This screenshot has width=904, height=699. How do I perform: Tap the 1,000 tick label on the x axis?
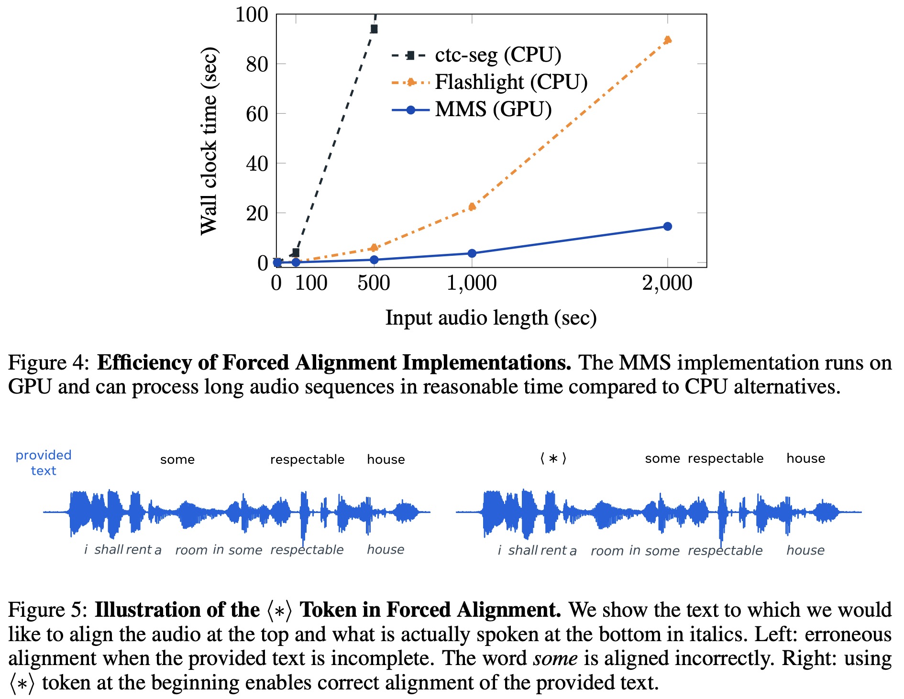pos(472,283)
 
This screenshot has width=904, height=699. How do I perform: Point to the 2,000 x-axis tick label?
pos(667,283)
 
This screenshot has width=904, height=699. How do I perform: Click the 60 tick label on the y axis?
pos(257,114)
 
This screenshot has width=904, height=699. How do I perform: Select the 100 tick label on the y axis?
pos(252,14)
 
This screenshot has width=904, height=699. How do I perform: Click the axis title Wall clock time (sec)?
pos(209,141)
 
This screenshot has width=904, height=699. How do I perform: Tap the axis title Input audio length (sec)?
pos(491,318)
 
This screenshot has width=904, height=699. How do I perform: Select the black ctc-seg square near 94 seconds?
pos(374,29)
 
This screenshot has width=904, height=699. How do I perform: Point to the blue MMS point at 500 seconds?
pos(374,260)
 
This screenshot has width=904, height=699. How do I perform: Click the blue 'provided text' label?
pos(44,462)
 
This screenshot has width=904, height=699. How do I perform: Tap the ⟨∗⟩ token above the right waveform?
pos(553,459)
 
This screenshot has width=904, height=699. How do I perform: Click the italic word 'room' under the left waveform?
pos(191,550)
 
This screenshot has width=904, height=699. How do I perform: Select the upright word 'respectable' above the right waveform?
pos(726,459)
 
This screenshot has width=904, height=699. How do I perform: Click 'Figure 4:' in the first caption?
pos(49,363)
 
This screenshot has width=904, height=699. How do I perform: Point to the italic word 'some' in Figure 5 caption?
pos(555,658)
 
